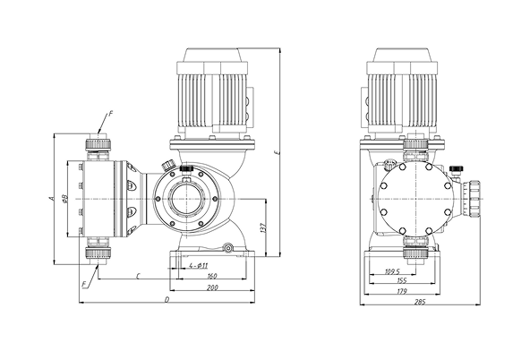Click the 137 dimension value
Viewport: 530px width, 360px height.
(264, 228)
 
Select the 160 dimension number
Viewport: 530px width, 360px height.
(212, 276)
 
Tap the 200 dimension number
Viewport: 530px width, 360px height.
(212, 287)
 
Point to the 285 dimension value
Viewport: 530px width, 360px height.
(420, 302)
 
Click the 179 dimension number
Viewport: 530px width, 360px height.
(401, 291)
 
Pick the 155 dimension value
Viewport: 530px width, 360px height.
(401, 280)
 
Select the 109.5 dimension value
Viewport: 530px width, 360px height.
(392, 271)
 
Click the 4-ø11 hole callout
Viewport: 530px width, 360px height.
(199, 266)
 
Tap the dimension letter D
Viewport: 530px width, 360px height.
(167, 299)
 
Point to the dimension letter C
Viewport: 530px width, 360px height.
(138, 277)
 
